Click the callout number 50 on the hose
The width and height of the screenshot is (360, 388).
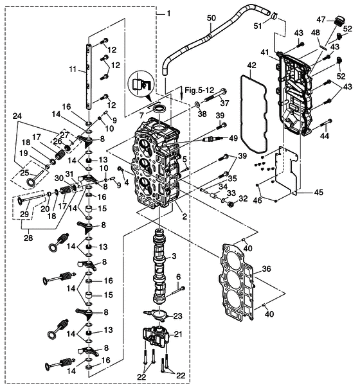click(212, 18)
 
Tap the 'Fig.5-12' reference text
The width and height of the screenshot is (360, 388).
click(199, 90)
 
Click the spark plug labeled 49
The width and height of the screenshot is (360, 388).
click(210, 139)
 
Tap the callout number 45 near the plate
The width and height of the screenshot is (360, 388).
click(318, 192)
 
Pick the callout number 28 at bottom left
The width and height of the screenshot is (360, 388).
click(28, 238)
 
